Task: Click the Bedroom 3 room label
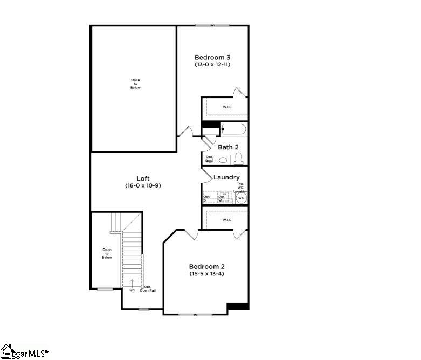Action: click(x=213, y=57)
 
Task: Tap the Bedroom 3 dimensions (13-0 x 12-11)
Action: click(x=213, y=65)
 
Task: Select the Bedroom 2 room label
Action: click(x=206, y=266)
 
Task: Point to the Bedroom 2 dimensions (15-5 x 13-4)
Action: click(x=206, y=274)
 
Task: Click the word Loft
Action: click(x=143, y=178)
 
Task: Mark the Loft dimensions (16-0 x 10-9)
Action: click(x=143, y=186)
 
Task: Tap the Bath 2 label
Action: click(x=228, y=147)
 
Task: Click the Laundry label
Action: click(x=226, y=177)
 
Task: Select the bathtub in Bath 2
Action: click(x=234, y=129)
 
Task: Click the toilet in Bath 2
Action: click(x=239, y=158)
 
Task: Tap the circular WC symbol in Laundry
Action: click(x=241, y=198)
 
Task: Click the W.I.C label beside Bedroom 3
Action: click(x=227, y=107)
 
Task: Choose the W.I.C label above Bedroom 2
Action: click(x=227, y=220)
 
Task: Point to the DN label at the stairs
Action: click(x=132, y=290)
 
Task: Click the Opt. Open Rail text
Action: click(x=148, y=289)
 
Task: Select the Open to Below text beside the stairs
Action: click(x=107, y=253)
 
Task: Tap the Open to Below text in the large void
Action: click(x=135, y=84)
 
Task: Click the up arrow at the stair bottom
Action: click(x=132, y=282)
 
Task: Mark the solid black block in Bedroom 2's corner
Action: click(x=237, y=307)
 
